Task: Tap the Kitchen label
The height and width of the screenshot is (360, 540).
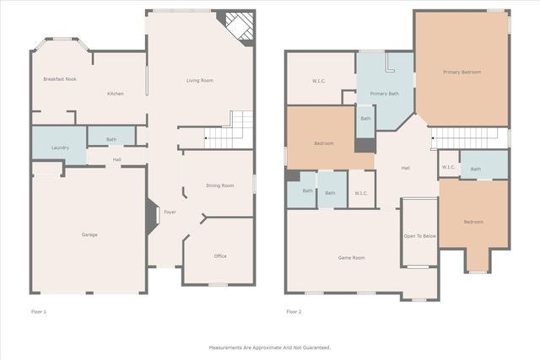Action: (116, 94)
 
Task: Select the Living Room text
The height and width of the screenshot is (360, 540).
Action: (200, 80)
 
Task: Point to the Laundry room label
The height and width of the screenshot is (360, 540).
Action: (60, 148)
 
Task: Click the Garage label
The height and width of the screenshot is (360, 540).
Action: (89, 234)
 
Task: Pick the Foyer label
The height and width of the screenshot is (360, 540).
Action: (170, 212)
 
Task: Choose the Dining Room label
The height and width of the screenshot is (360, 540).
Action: (220, 185)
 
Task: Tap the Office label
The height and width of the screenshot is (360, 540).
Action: (219, 255)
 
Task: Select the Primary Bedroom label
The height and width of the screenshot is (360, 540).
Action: (462, 73)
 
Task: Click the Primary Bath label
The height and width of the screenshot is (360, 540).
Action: (384, 94)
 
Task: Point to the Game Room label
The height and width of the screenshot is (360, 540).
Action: (351, 257)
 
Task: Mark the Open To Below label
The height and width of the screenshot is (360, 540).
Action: (419, 236)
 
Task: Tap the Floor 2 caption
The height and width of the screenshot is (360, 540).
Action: (294, 312)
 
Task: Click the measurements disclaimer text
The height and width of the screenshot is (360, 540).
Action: (270, 347)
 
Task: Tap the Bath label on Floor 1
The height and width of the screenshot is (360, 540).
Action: (111, 139)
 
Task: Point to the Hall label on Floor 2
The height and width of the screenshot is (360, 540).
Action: (405, 169)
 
